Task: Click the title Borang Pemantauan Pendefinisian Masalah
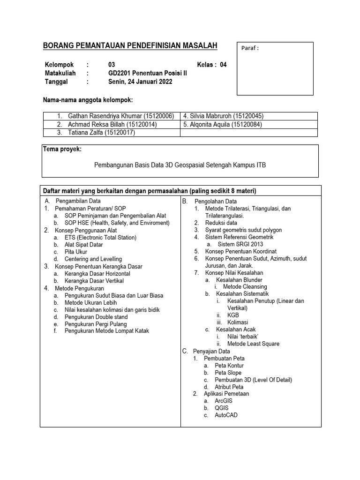pos(130,45)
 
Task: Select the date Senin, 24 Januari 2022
pos(140,82)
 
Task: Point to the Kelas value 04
pos(223,65)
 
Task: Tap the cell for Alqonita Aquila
pos(223,124)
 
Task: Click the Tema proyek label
pos(62,149)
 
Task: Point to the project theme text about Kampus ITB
pos(180,165)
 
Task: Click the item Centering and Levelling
pos(93,259)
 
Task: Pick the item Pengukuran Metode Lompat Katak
pos(107,331)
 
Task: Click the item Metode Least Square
pos(253,344)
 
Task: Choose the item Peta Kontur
pos(229,366)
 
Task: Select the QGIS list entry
pos(222,408)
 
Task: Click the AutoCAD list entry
pos(226,415)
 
